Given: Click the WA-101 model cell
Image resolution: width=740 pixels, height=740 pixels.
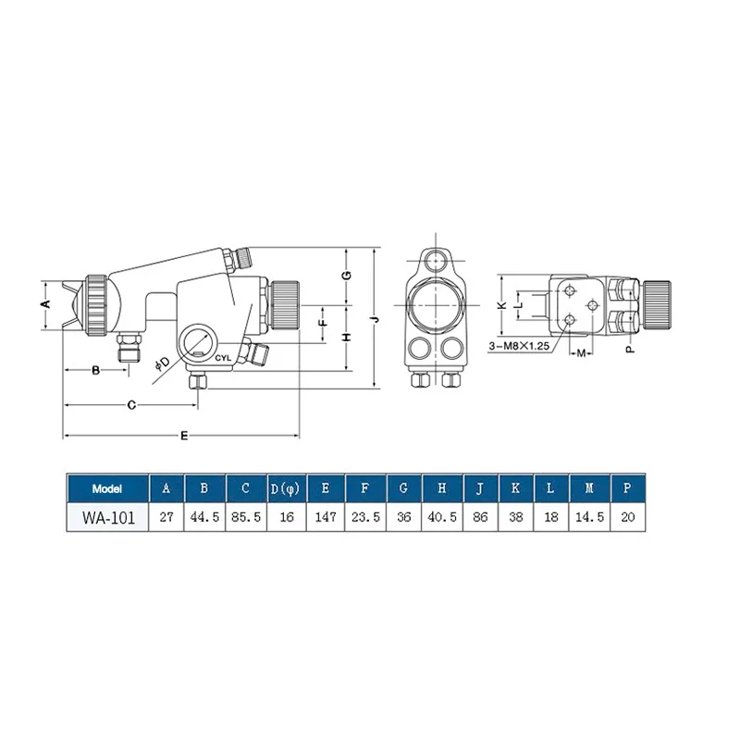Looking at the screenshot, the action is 107,518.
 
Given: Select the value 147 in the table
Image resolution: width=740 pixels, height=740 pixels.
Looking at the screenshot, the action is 326,517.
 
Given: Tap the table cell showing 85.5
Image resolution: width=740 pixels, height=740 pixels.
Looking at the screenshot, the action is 246,517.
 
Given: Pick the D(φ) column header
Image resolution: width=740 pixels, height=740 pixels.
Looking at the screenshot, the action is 286,488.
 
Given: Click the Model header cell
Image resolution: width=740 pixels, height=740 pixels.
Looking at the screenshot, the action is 107,488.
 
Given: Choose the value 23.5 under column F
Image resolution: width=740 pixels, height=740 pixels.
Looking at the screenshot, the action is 365,517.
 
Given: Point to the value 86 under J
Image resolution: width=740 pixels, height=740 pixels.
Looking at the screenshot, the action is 480,517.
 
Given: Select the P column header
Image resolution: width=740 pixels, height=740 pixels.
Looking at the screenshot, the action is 627,488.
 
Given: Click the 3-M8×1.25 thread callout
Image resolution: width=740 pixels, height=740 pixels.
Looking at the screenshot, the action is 519,346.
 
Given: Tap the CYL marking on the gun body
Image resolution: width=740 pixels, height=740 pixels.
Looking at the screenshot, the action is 223,358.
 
